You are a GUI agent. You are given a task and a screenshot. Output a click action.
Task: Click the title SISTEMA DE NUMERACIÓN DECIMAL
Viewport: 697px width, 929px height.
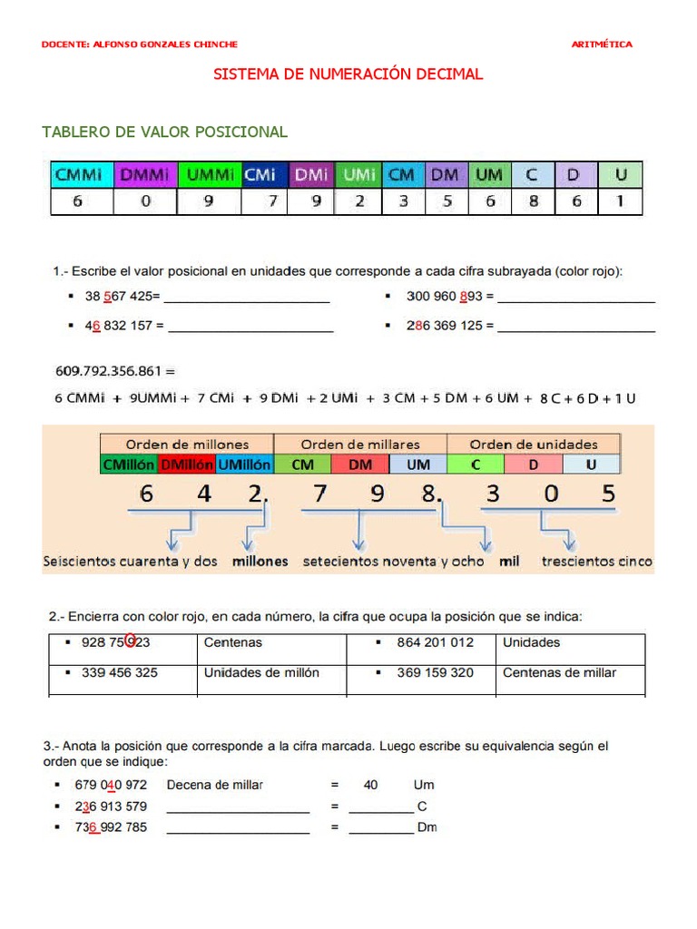click(348, 74)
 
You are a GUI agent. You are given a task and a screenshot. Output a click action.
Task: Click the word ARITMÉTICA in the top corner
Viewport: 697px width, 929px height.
click(602, 44)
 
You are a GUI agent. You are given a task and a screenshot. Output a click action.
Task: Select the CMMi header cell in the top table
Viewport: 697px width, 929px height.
click(78, 174)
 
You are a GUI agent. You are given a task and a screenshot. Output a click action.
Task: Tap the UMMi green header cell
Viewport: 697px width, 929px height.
click(208, 174)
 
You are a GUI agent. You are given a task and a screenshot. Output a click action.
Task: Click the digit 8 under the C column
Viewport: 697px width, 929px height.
click(533, 201)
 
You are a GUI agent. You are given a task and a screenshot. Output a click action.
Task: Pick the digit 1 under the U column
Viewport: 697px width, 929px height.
click(621, 201)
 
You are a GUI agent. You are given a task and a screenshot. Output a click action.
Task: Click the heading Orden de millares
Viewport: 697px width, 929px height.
click(360, 444)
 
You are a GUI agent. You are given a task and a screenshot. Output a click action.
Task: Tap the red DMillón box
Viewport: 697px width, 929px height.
click(186, 464)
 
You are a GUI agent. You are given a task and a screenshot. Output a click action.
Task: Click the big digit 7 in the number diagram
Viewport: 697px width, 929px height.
click(319, 495)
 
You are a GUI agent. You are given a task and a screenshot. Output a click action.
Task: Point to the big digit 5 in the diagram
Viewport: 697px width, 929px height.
click(608, 495)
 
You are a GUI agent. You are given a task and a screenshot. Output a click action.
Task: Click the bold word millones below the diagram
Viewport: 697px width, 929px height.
click(260, 562)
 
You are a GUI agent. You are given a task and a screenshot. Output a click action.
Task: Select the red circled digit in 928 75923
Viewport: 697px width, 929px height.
click(132, 641)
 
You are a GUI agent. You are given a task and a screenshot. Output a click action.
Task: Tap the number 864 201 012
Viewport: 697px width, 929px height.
click(435, 642)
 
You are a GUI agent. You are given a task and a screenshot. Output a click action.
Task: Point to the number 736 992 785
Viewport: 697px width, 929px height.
click(111, 827)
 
